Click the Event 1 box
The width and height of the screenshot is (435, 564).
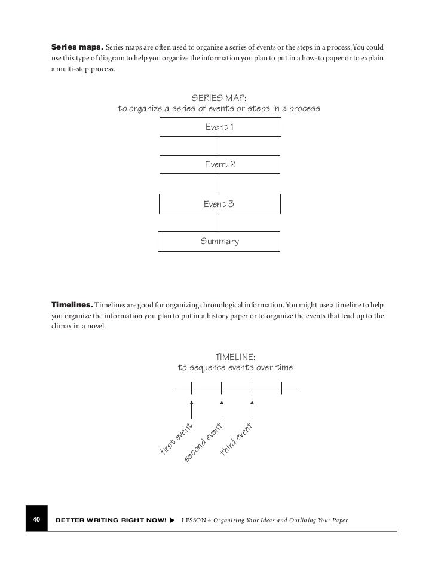219,127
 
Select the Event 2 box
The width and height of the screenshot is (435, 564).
219,164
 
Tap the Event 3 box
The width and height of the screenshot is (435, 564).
219,204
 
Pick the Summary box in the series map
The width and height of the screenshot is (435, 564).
219,242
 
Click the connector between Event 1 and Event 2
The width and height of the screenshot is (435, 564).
219,146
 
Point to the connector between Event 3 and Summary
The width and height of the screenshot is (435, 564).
219,222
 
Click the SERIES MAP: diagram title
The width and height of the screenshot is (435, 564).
219,97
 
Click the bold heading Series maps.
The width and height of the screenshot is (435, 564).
77,47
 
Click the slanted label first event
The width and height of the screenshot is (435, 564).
176,438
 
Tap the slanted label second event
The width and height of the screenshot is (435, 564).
204,442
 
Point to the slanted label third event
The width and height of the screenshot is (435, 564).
237,439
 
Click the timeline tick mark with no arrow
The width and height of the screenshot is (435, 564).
282,388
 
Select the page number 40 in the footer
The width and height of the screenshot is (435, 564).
35,520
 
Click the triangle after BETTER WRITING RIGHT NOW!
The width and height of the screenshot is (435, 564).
172,521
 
